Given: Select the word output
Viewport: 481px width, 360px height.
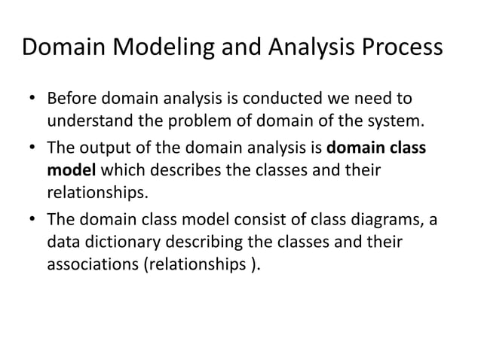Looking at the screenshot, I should (x=102, y=148).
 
